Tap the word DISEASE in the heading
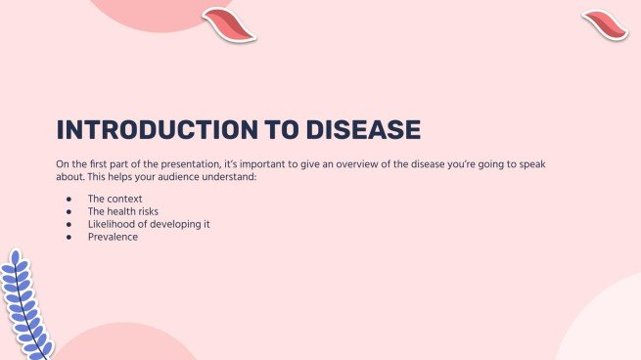click(360, 130)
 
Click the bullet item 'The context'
click(114, 199)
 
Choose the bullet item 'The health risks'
click(123, 211)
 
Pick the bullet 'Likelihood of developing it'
click(149, 224)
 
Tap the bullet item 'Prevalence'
click(113, 237)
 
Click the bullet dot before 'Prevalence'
click(69, 237)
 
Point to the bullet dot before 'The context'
click(69, 199)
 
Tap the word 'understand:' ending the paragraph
click(228, 177)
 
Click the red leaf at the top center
click(229, 24)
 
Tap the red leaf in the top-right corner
click(605, 24)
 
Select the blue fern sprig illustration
click(26, 303)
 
